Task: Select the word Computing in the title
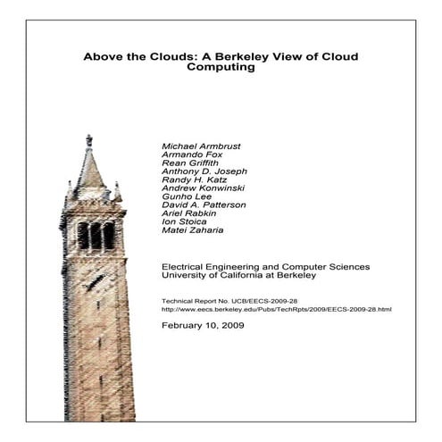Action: (x=221, y=69)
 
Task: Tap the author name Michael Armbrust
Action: (x=200, y=146)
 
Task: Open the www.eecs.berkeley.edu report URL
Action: (x=277, y=309)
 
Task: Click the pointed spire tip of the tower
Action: (x=88, y=138)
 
